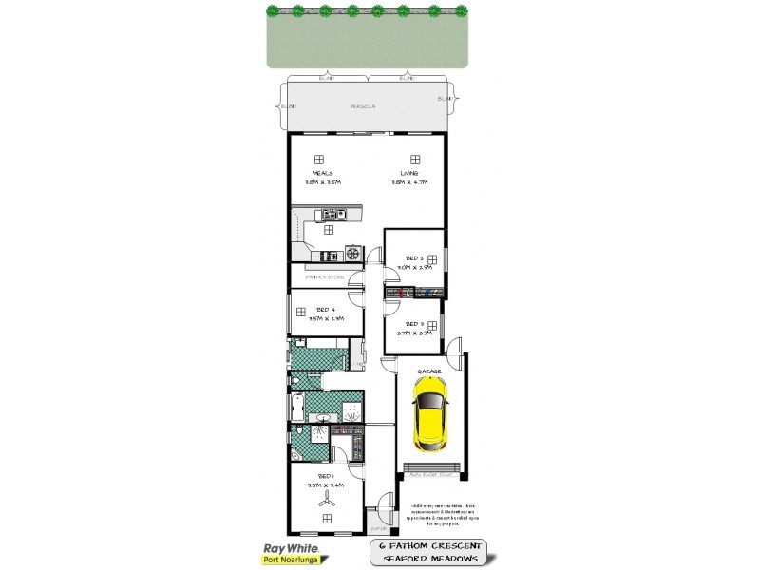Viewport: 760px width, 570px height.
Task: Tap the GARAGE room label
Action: (430, 371)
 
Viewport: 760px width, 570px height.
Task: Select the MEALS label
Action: (321, 173)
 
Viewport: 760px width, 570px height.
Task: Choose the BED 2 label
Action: (414, 257)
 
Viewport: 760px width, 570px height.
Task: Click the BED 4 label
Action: (326, 310)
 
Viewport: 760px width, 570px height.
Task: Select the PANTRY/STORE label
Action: (325, 276)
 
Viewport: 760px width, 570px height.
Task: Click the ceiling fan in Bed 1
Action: (326, 498)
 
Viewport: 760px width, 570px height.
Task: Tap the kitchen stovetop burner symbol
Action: (352, 254)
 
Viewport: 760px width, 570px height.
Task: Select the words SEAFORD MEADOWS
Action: (429, 561)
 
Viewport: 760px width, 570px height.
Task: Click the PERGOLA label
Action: (364, 106)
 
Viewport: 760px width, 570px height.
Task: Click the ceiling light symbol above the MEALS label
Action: (321, 159)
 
